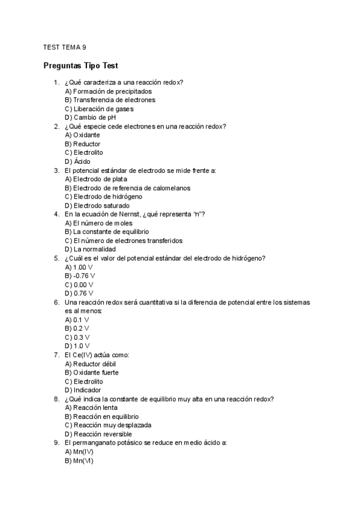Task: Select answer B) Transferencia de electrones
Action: pos(110,100)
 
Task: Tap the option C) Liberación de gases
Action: pos(99,109)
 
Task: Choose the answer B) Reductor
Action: pos(83,144)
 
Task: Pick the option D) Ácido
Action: pos(77,161)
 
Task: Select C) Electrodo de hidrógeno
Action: pos(103,196)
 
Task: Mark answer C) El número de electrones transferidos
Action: pos(124,240)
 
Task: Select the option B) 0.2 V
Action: pos(77,328)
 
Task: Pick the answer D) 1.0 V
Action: pos(77,346)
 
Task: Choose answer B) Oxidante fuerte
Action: pos(92,372)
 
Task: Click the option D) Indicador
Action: pos(83,390)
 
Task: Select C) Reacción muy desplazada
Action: pos(108,425)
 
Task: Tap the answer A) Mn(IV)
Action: pos(79,451)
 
